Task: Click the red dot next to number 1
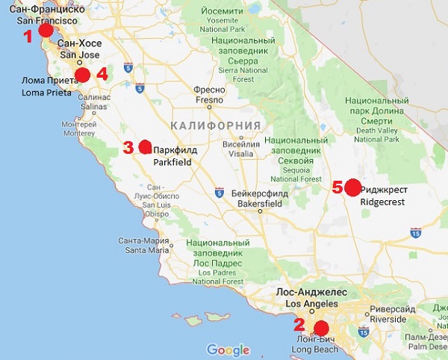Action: (x=46, y=31)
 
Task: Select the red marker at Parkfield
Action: (x=145, y=146)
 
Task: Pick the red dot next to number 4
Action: (x=83, y=74)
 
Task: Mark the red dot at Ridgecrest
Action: (x=352, y=187)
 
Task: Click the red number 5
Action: (x=337, y=187)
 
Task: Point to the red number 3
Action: (x=128, y=147)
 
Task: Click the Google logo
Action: (x=228, y=350)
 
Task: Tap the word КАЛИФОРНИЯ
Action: (x=215, y=125)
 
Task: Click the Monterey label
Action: (x=79, y=128)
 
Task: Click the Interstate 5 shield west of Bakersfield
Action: (x=219, y=193)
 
